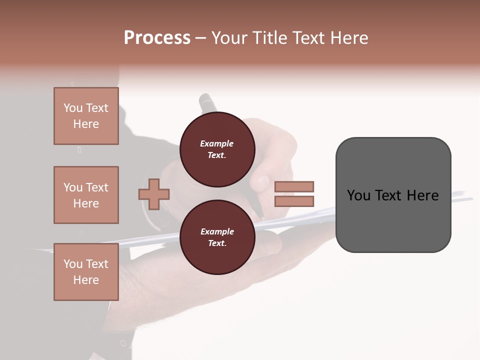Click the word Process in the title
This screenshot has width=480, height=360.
click(x=157, y=38)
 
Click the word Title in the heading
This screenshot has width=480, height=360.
click(x=270, y=38)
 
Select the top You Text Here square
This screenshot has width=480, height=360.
click(x=86, y=116)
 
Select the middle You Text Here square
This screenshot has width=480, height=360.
click(x=86, y=195)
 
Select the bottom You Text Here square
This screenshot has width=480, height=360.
click(x=86, y=272)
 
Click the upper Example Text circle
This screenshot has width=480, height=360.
click(x=217, y=149)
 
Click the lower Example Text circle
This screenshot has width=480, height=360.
click(x=217, y=237)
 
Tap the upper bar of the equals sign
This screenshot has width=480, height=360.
click(x=294, y=186)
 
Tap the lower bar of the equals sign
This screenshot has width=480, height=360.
click(x=294, y=201)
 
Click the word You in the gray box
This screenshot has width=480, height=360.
click(x=358, y=195)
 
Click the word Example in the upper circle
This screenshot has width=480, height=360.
click(x=217, y=143)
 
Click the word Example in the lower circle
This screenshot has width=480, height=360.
click(x=217, y=231)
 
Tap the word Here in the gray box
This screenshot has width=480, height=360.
click(x=422, y=195)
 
